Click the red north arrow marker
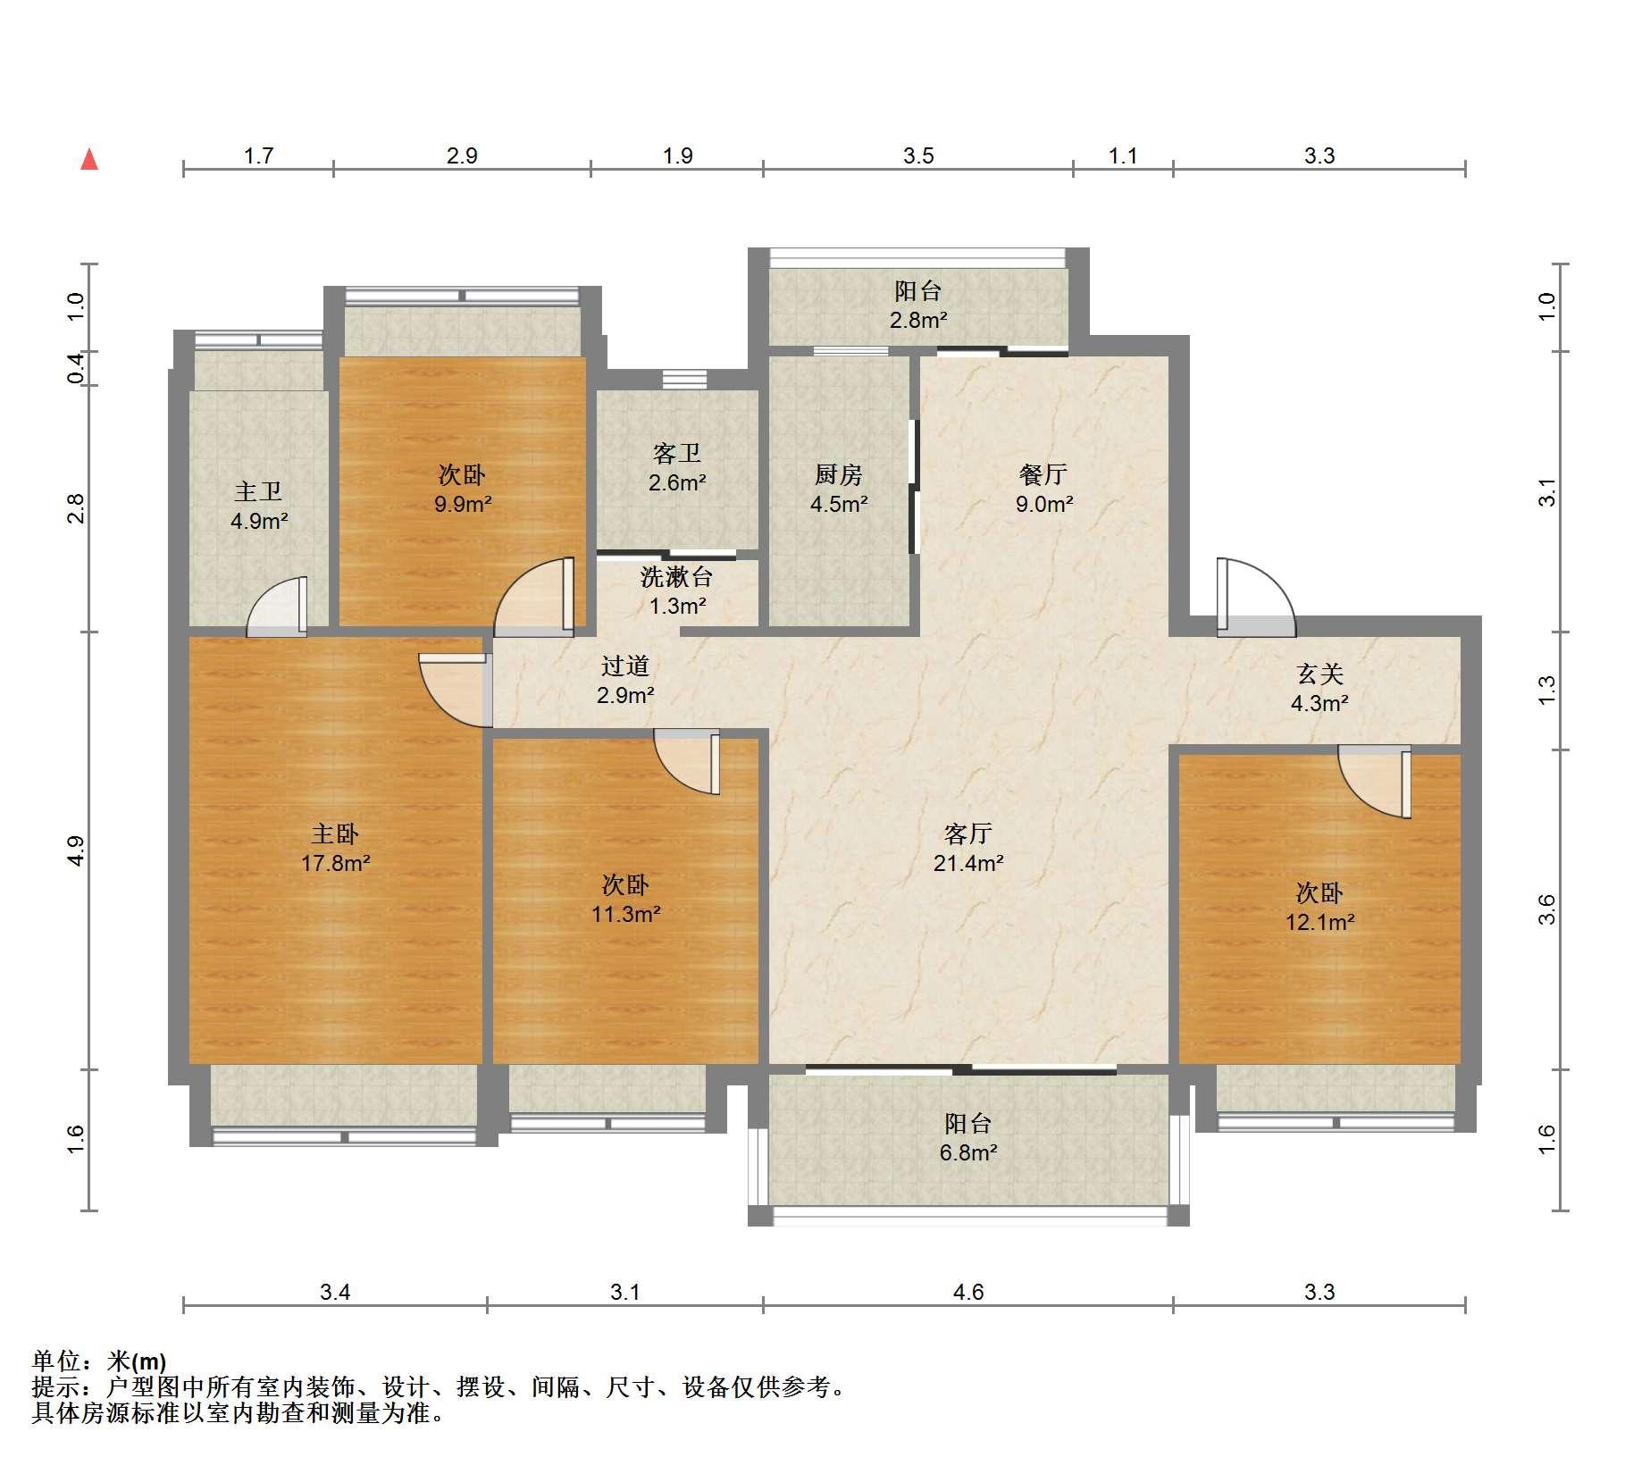(x=89, y=160)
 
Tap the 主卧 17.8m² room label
(x=335, y=848)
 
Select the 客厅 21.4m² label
(x=968, y=848)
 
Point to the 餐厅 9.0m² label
(x=1043, y=489)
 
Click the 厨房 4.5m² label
(x=839, y=489)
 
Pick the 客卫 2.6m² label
(x=677, y=468)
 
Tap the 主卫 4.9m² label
(x=259, y=506)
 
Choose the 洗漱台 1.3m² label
(x=677, y=591)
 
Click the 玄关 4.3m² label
(x=1319, y=688)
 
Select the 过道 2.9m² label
(x=625, y=679)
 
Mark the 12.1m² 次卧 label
(x=1319, y=906)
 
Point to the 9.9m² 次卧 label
(x=463, y=489)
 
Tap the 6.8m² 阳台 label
(x=968, y=1137)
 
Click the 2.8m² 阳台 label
(x=918, y=305)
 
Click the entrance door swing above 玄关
(x=1255, y=597)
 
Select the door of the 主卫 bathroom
(x=277, y=607)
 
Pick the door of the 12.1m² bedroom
(x=1374, y=782)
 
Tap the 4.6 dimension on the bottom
(x=968, y=1292)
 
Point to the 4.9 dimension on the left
(x=76, y=850)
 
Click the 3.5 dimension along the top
(x=918, y=155)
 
